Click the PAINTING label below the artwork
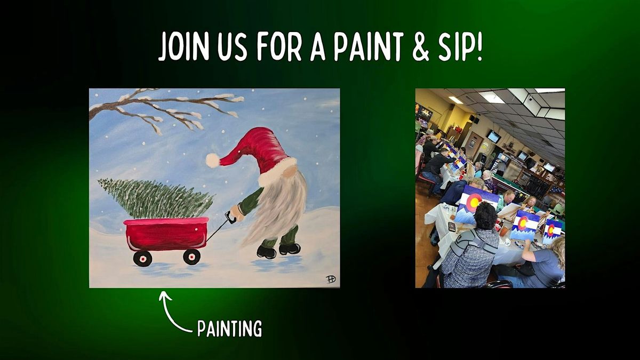click(229, 328)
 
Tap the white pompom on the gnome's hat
click(213, 160)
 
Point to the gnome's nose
click(289, 170)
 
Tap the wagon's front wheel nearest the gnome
click(191, 257)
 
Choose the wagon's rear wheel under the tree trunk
click(142, 259)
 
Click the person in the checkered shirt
click(469, 256)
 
